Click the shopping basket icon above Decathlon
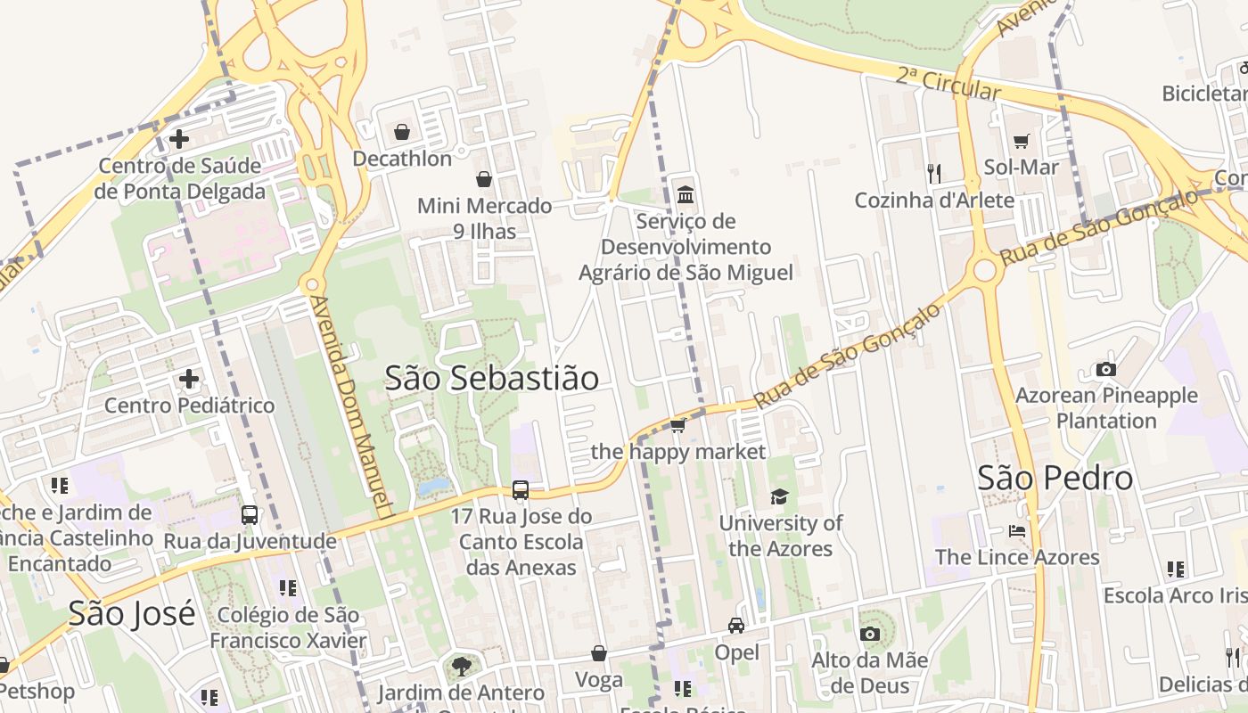(402, 133)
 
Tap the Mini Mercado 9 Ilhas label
(484, 218)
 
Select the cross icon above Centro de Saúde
(178, 139)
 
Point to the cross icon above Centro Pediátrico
(189, 379)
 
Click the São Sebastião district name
(491, 378)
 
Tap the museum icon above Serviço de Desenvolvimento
(686, 194)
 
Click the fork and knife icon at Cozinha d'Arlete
(934, 173)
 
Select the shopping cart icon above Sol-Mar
(1021, 141)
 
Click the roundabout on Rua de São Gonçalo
(984, 270)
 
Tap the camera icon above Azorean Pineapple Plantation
(1105, 369)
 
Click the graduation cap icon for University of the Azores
(780, 496)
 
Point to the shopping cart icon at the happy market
(677, 425)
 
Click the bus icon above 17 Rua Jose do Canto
(520, 489)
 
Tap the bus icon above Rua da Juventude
(250, 514)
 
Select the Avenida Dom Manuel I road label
(352, 406)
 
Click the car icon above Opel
(736, 626)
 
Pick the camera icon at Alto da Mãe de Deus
(869, 634)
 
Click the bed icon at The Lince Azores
(1017, 531)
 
